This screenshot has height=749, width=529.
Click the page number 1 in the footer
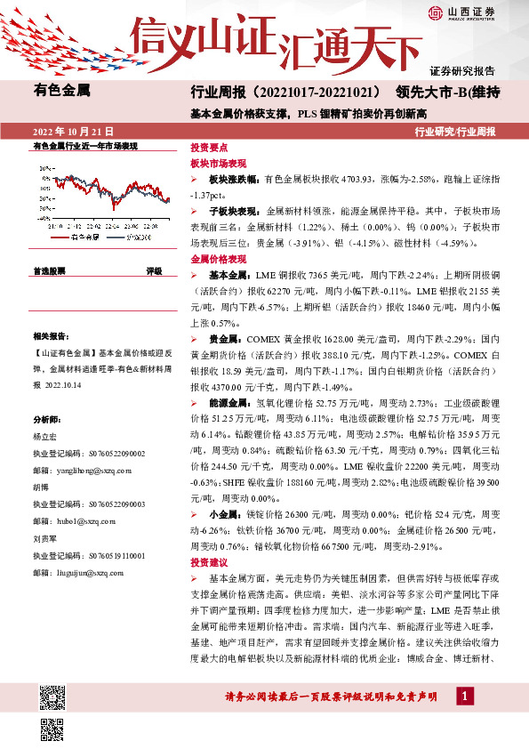click(x=463, y=696)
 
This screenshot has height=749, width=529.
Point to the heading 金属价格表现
click(x=214, y=259)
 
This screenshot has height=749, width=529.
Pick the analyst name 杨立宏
click(x=44, y=437)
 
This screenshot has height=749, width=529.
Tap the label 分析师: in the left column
click(x=45, y=419)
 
